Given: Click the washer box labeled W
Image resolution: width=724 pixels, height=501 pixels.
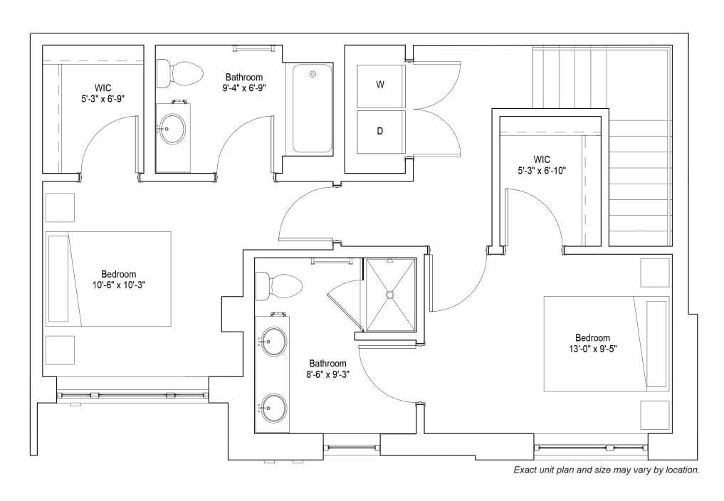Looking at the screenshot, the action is tap(381, 86).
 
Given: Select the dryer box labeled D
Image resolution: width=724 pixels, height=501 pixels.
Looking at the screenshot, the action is tap(381, 132).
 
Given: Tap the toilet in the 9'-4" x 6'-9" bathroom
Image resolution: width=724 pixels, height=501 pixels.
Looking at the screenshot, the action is tap(179, 73).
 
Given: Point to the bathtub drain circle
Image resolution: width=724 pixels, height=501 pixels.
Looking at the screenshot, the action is tap(313, 74).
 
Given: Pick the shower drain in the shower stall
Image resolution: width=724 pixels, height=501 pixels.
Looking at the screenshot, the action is tap(390, 294).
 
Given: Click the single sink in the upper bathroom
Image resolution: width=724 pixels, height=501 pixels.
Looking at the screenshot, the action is tap(172, 130).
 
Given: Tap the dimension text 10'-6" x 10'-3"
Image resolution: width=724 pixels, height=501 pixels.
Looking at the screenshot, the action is tap(119, 285).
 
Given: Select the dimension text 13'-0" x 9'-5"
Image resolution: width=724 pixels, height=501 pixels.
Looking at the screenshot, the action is tap(593, 349).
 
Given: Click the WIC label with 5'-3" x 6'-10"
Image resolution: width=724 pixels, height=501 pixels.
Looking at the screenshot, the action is tap(542, 165).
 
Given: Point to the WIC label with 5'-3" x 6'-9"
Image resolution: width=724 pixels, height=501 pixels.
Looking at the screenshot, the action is tap(103, 93).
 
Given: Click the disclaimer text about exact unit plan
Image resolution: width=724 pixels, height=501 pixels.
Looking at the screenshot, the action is tap(607, 470).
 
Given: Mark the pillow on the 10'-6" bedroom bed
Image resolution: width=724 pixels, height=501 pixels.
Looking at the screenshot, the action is tap(58, 279).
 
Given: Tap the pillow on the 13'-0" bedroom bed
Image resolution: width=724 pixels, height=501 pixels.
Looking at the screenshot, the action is tap(656, 344).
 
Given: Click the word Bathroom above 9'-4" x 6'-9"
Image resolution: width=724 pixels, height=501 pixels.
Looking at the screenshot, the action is tap(243, 77).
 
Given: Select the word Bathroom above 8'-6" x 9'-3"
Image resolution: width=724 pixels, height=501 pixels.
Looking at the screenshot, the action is tap(328, 364).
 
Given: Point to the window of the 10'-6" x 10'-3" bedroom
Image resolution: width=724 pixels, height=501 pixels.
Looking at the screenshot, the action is tap(132, 395).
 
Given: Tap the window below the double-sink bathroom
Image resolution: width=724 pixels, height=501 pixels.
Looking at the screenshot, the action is tap(352, 447).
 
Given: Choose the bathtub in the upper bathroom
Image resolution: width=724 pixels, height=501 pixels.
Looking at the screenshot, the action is tap(313, 108).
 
